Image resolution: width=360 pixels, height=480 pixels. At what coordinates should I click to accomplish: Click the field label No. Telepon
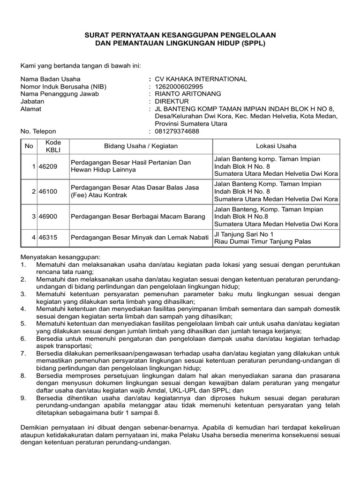pos(38,132)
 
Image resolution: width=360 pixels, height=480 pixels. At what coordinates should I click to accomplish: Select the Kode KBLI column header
pos(50,146)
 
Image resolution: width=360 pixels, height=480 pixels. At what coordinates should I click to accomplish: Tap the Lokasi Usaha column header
pos(276,146)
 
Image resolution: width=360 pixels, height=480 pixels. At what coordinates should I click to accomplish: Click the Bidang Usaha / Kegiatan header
pos(141,146)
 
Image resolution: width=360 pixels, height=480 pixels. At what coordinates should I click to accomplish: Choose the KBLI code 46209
pos(48,166)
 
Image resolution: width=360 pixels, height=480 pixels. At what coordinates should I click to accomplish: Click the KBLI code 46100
pos(48,191)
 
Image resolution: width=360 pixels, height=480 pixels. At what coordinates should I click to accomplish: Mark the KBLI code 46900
pos(48,217)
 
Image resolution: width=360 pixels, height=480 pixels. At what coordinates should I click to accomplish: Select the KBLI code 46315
pos(48,238)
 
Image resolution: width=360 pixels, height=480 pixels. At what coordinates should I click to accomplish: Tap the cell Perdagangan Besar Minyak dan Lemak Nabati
pos(139,238)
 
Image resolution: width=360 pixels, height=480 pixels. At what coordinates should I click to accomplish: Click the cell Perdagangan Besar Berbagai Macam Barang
pos(138,217)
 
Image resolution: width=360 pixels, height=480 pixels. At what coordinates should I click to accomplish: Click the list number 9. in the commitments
pos(23,398)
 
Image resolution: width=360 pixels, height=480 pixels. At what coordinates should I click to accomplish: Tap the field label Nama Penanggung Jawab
pos(60,94)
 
